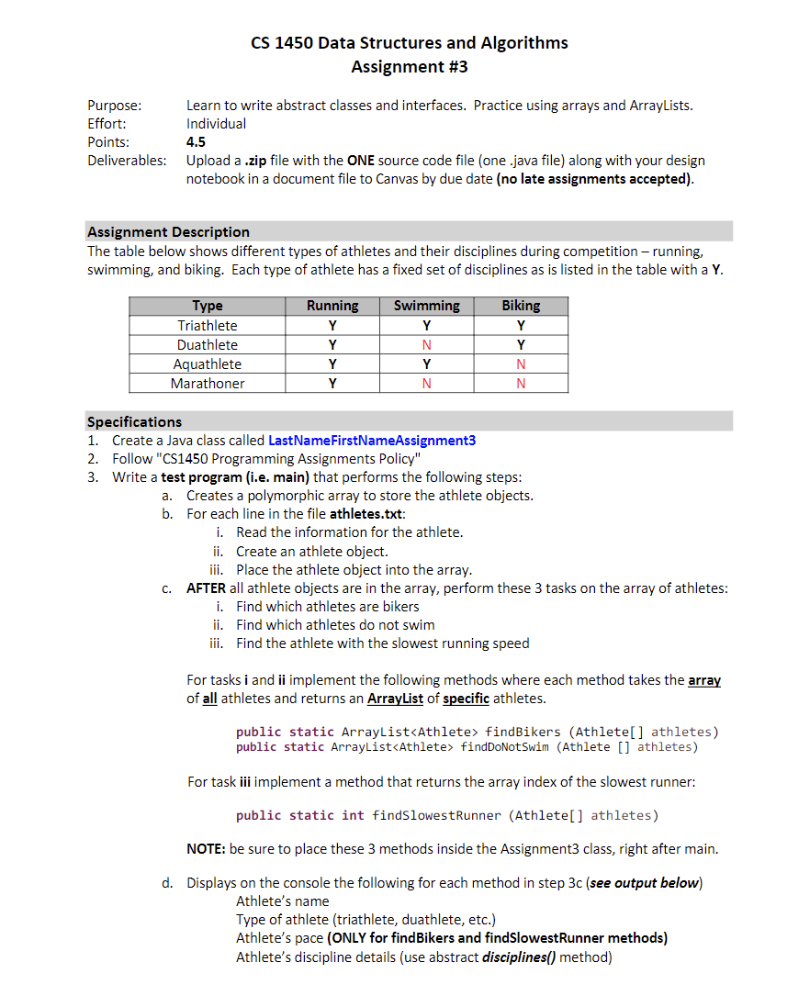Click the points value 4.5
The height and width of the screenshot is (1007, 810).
(196, 142)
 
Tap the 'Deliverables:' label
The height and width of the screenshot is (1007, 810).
(127, 161)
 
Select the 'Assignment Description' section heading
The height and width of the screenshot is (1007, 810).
(168, 232)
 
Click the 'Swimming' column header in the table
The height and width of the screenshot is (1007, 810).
(426, 306)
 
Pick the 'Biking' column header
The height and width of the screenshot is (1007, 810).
(521, 306)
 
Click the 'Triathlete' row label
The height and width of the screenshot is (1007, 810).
(208, 326)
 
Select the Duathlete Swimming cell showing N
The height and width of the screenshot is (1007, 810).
(426, 345)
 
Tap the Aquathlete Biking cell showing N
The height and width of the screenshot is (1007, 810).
(521, 364)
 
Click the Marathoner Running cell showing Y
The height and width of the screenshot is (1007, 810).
(332, 384)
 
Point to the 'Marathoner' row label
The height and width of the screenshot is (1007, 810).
(208, 384)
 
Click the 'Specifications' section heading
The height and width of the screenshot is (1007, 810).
(134, 422)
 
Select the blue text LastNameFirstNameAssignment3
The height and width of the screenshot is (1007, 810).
(372, 441)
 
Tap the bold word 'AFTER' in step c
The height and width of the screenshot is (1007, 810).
(206, 588)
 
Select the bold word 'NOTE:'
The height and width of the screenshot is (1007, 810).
(206, 849)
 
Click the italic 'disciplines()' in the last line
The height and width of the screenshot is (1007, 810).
(518, 957)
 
